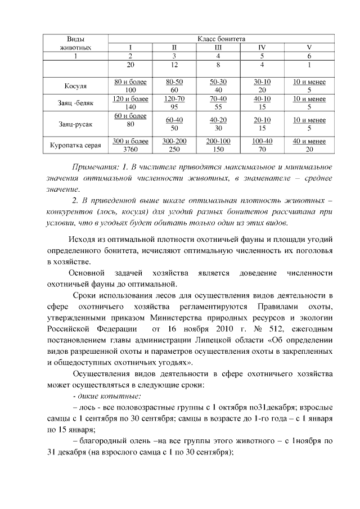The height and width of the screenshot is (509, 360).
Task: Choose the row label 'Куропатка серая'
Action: [x=76, y=145]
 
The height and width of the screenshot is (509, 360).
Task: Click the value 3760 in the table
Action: [x=130, y=149]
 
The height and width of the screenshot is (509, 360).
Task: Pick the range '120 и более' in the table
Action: [x=130, y=99]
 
